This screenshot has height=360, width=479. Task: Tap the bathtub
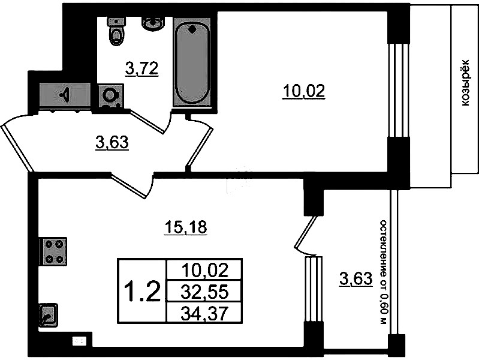pos(192,62)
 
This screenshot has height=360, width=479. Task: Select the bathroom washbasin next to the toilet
pos(153,23)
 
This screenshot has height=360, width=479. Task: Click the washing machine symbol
pos(110,96)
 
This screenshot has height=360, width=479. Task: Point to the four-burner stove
pos(53,251)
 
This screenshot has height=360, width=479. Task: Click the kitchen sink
pos(48,315)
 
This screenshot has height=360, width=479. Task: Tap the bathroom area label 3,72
pos(141,68)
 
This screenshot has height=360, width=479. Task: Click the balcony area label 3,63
pos(356,278)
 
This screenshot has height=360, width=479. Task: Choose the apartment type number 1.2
pos(143,291)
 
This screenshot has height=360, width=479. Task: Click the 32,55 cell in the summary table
pos(204,292)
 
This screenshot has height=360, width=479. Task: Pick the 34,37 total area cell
pos(204,313)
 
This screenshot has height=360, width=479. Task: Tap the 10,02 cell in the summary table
pos(204,271)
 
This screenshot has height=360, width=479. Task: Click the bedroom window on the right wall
pos(399,90)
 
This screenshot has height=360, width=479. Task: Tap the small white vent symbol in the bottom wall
pos(79,341)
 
